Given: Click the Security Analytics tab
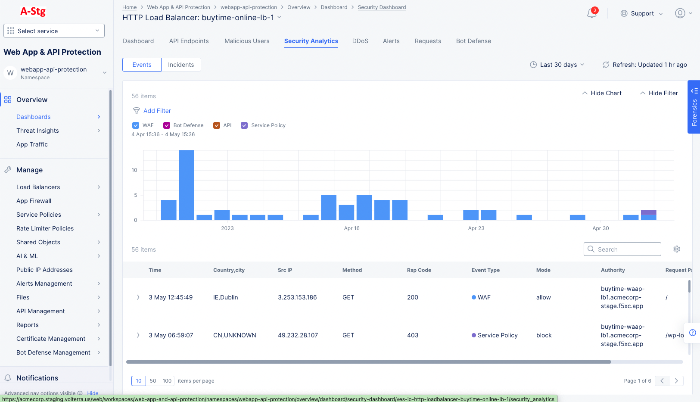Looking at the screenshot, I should (311, 41).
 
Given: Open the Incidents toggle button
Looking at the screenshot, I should (181, 65).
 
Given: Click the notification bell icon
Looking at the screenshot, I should (592, 13).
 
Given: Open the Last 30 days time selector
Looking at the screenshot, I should (557, 65).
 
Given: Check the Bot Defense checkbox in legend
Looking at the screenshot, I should (167, 125).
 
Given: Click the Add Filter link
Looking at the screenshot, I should (157, 111).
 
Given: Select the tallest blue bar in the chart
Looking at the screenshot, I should (187, 185).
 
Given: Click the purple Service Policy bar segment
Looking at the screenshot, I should (648, 212).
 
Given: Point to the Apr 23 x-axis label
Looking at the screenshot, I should (476, 228).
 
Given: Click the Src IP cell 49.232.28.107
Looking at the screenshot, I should (298, 335).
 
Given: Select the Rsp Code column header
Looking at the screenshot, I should (419, 270).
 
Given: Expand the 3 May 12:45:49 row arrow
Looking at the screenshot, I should (138, 297).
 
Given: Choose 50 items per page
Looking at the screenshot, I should (153, 381).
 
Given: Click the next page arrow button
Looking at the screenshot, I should (676, 381).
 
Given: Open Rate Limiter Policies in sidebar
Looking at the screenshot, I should (45, 228).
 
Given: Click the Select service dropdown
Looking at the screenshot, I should (54, 31).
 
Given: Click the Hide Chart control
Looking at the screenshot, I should (602, 93).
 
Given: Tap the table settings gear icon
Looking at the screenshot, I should (677, 249).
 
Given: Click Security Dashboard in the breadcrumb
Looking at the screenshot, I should (382, 7).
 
